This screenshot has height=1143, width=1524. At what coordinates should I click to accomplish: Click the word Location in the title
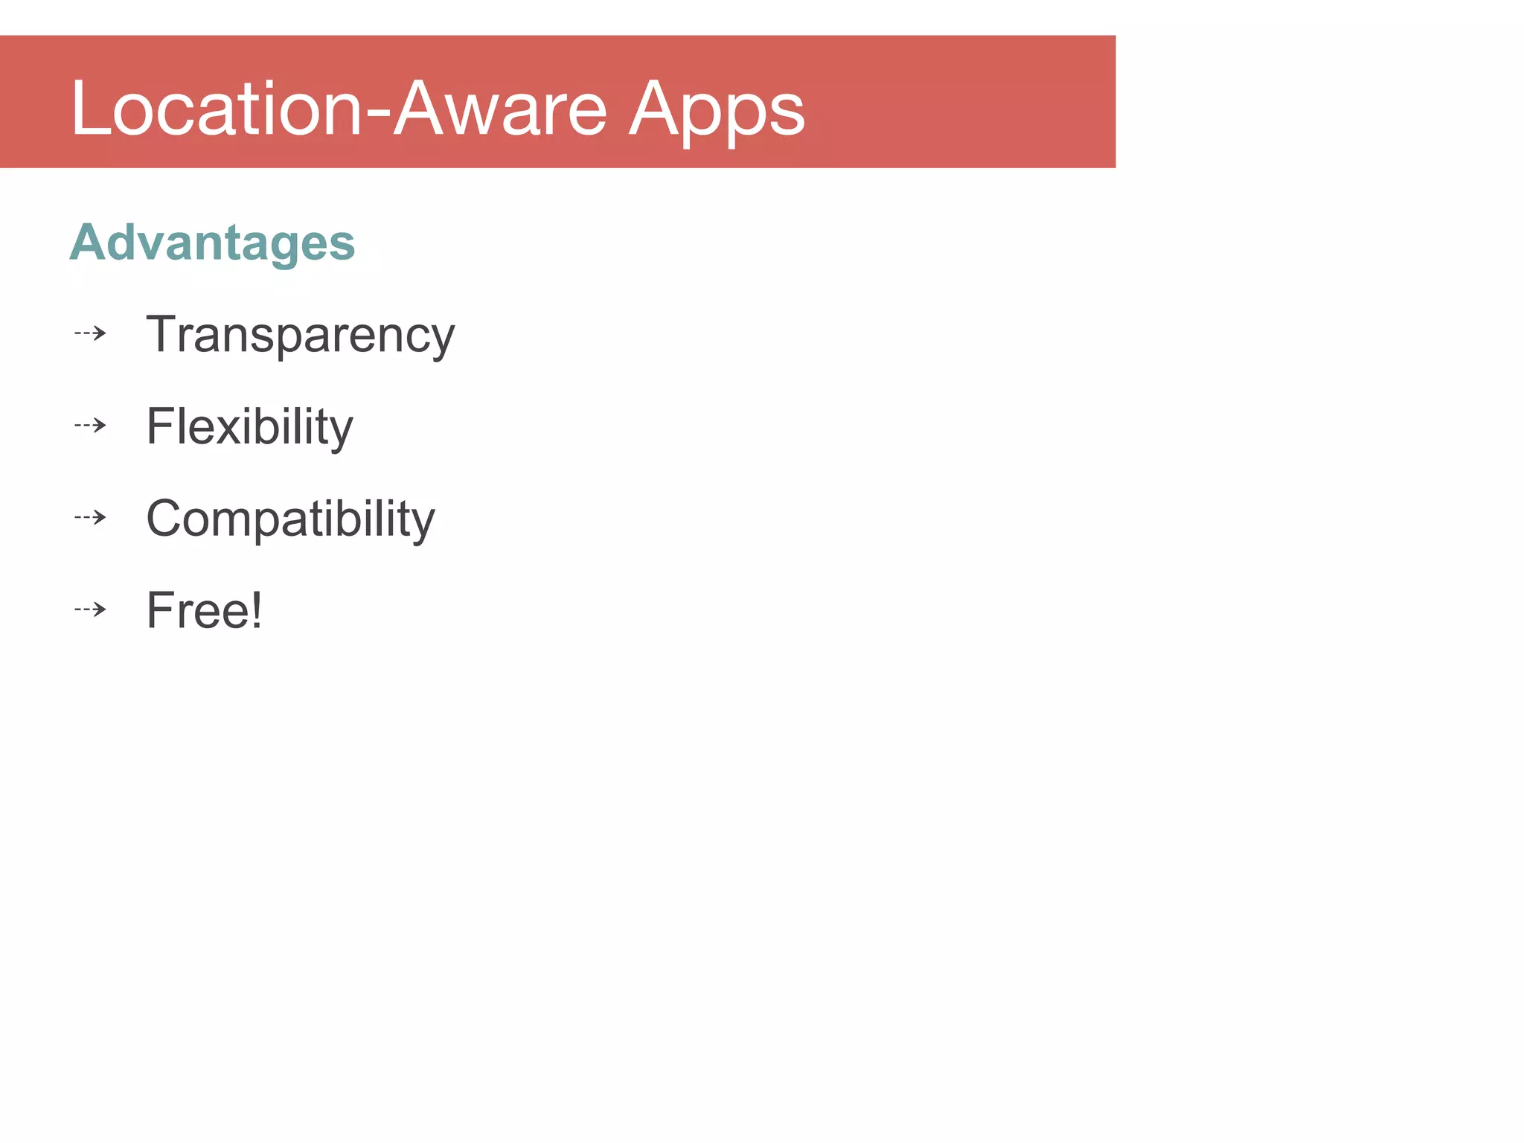click(216, 109)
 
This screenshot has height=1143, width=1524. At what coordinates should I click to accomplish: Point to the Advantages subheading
click(212, 243)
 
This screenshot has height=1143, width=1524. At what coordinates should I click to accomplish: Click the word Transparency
click(300, 336)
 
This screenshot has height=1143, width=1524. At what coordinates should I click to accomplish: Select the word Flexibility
click(249, 427)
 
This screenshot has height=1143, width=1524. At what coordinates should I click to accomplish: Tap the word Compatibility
click(290, 519)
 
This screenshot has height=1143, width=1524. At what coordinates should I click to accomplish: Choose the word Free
click(196, 611)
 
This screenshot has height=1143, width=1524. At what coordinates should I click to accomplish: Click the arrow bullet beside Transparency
click(91, 333)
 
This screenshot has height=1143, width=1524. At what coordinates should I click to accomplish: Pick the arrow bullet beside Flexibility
click(91, 426)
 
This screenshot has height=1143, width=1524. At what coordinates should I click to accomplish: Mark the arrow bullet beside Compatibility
click(91, 517)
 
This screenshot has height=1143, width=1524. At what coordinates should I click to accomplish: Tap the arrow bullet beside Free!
click(91, 609)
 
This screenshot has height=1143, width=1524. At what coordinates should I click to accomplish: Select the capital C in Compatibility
click(165, 518)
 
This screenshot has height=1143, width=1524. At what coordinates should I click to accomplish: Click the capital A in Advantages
click(89, 243)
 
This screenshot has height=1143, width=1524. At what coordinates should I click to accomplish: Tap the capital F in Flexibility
click(160, 426)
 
